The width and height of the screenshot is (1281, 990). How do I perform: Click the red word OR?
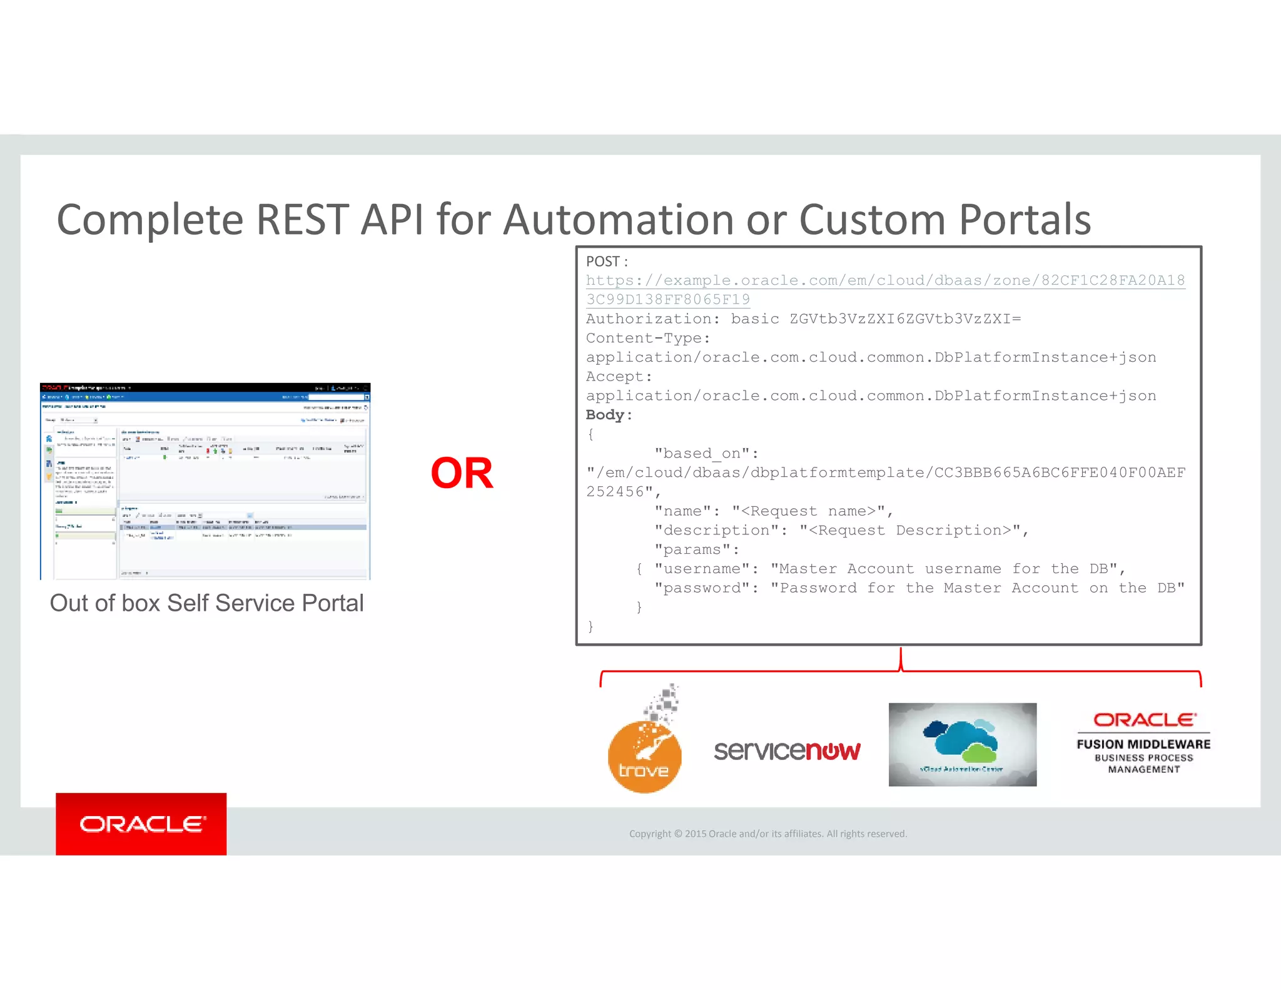pyautogui.click(x=462, y=473)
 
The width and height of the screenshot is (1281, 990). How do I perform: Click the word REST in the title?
pyautogui.click(x=302, y=220)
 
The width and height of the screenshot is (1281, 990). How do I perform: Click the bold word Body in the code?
pyautogui.click(x=605, y=415)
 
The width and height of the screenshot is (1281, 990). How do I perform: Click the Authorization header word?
pyautogui.click(x=648, y=319)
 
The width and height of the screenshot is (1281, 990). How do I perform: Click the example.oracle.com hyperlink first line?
pyautogui.click(x=884, y=280)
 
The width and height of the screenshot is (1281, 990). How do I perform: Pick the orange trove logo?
pyautogui.click(x=644, y=754)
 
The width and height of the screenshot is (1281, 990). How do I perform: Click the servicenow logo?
pyautogui.click(x=787, y=750)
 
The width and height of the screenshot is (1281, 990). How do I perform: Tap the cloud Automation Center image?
pyautogui.click(x=962, y=744)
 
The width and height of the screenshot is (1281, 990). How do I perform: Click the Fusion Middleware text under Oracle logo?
pyautogui.click(x=1143, y=744)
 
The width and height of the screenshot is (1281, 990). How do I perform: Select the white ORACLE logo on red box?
pyautogui.click(x=141, y=824)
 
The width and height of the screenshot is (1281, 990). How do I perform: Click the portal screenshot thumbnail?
pyautogui.click(x=205, y=481)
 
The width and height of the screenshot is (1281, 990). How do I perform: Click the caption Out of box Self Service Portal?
pyautogui.click(x=206, y=603)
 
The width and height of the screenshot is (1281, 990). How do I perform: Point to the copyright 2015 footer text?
pyautogui.click(x=767, y=834)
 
